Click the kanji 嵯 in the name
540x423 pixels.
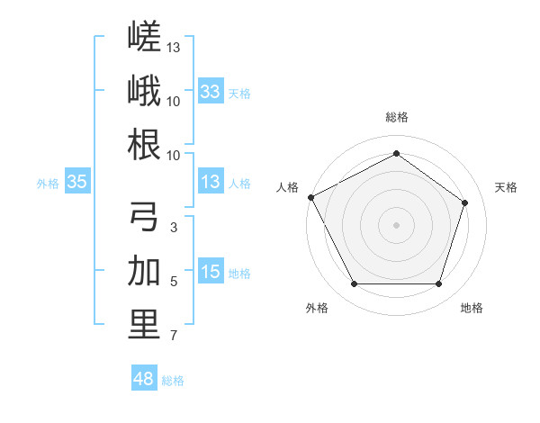(144, 36)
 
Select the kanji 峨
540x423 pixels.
(144, 90)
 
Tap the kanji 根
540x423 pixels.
(144, 144)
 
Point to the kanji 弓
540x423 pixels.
(144, 216)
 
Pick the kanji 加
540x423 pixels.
(144, 270)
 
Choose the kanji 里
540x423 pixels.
(144, 325)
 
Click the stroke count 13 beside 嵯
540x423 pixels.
(173, 48)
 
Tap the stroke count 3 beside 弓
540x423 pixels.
(174, 228)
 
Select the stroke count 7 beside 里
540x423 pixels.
(174, 335)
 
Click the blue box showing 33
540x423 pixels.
(211, 91)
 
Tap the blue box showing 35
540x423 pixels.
(77, 181)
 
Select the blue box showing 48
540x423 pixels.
(144, 377)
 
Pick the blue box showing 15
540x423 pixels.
(211, 270)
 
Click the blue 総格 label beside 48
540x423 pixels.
(173, 381)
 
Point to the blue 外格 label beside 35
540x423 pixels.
(48, 184)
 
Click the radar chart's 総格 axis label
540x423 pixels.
(397, 117)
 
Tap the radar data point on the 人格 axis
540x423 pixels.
(311, 197)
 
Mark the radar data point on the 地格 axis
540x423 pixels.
(439, 284)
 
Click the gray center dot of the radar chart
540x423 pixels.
(396, 225)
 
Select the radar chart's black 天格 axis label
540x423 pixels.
(506, 187)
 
